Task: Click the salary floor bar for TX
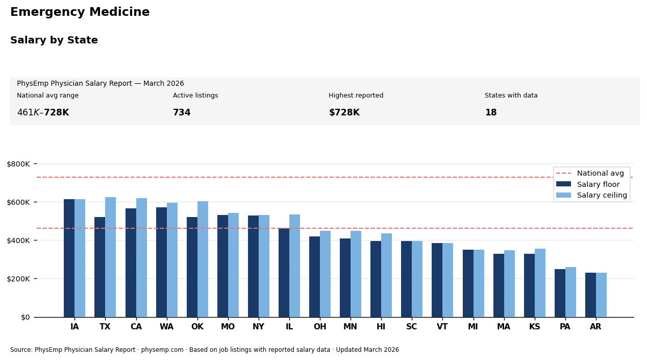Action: pos(99,267)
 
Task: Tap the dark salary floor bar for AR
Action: pos(590,295)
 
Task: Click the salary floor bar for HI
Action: pos(376,279)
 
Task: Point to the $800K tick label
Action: pos(22,164)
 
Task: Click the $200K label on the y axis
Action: pos(22,279)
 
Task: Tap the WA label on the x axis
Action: pos(166,327)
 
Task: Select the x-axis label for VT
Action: pos(442,327)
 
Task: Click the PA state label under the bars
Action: pos(565,327)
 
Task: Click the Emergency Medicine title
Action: pos(80,12)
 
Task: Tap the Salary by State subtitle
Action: pos(54,40)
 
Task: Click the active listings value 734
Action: pos(182,113)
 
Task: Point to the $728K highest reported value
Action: pos(344,113)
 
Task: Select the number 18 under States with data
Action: pos(490,113)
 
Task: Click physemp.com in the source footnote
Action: pos(165,350)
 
